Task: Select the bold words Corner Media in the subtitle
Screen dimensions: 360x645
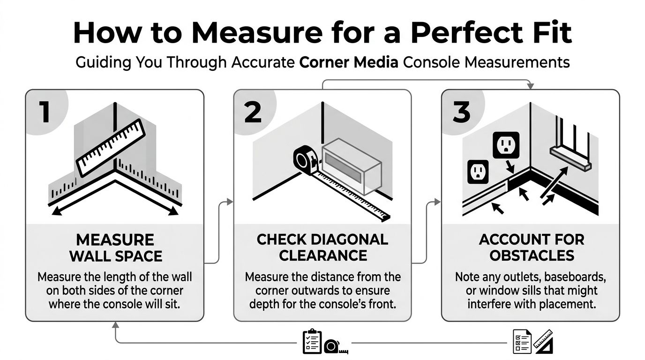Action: [348, 62]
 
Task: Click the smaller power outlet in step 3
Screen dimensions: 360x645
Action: [478, 172]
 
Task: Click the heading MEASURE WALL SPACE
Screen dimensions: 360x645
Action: [115, 248]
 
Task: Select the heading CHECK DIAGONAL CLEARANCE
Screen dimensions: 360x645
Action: [322, 247]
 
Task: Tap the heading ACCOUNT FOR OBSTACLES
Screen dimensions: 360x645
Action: [531, 247]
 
